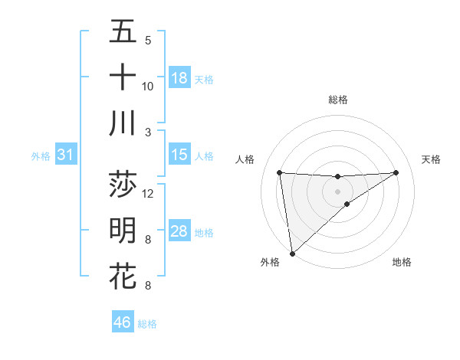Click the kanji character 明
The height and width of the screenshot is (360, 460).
[123, 230]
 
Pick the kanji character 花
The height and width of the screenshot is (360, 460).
[123, 276]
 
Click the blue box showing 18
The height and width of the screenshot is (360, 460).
[179, 78]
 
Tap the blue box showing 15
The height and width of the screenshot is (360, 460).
[179, 155]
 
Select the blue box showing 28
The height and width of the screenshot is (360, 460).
[179, 231]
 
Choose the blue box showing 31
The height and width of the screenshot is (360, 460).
[66, 155]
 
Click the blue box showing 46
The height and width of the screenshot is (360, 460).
[123, 322]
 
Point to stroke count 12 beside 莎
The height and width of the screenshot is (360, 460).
[149, 193]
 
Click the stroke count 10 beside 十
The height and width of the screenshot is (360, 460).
[149, 86]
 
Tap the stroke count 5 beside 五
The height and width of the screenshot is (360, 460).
[148, 40]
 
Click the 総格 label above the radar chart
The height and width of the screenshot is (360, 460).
[338, 100]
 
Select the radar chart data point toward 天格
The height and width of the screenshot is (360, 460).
[396, 172]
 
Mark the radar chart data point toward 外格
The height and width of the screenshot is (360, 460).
[292, 253]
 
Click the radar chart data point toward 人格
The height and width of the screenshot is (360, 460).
[280, 172]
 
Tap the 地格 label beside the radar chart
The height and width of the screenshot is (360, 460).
[402, 262]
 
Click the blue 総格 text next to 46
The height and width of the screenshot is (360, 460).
[147, 324]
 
